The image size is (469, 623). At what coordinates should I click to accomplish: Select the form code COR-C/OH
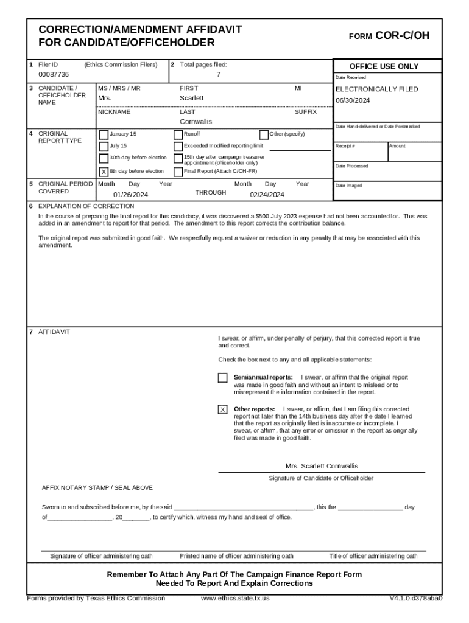pos(402,36)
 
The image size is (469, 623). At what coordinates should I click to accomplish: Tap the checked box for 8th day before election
pos(104,172)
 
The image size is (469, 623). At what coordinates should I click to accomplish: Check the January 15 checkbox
pos(104,134)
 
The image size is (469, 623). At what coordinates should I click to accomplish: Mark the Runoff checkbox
pos(178,134)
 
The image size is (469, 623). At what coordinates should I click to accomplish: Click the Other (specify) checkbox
pos(264,134)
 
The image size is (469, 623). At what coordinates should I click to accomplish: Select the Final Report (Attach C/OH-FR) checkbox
pos(178,172)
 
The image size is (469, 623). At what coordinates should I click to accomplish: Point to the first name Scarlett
pos(192,98)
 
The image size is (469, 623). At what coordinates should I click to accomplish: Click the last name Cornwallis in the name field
pos(196,122)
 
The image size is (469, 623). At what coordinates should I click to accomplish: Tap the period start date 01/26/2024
pos(130,195)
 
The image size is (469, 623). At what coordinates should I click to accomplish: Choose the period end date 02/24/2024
pos(267,195)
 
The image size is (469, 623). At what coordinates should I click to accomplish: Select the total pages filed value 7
pos(219,74)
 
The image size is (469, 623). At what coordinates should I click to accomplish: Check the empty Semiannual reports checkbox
pos(223,378)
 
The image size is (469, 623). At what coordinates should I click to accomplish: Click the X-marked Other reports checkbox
pos(223,409)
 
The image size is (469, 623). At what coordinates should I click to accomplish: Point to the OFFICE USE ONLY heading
pos(384,66)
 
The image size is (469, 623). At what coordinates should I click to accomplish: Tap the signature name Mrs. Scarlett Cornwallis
pos(322,466)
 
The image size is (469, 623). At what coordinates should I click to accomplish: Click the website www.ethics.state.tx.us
pos(235,598)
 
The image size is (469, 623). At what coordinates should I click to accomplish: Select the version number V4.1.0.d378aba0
pos(416,598)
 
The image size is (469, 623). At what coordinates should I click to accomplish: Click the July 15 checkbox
pos(104,147)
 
